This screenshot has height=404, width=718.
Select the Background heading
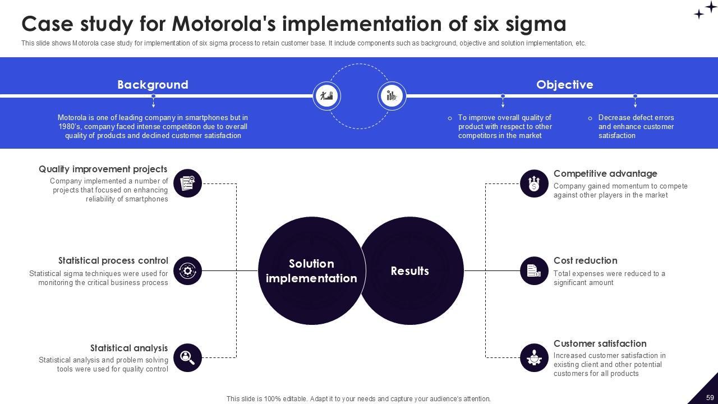(153, 85)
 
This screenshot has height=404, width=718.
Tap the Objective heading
(564, 85)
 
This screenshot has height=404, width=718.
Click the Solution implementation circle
(311, 271)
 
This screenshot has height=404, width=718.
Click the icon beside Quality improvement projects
(187, 183)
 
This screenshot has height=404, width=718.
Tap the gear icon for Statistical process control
(187, 271)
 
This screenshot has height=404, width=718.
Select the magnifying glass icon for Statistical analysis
(187, 357)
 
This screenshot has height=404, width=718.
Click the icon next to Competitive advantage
(534, 183)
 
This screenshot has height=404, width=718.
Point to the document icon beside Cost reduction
(534, 271)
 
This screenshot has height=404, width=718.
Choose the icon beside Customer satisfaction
(534, 357)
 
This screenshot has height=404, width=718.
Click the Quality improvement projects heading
(103, 169)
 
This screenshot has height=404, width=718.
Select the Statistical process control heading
(113, 260)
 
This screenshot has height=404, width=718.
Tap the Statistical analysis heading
(129, 348)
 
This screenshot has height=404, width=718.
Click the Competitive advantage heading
(605, 173)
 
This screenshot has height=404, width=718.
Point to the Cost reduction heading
(585, 260)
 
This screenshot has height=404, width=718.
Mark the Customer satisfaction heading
(600, 343)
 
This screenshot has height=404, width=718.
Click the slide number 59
(710, 397)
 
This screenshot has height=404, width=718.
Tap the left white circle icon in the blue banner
(326, 95)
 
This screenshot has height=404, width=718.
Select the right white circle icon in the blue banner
(392, 95)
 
